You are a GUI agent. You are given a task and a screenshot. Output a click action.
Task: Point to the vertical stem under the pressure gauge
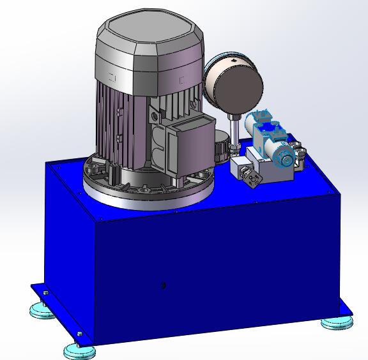pos(235,131)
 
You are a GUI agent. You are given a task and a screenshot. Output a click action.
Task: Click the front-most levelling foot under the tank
pos(80,350)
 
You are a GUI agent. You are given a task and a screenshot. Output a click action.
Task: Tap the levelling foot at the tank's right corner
pos(336,322)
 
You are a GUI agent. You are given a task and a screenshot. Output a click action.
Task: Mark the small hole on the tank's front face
pos(164,286)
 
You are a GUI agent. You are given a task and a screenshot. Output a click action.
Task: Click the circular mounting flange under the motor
pos(147,191)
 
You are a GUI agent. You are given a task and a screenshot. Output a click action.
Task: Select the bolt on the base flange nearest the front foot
pos(79,334)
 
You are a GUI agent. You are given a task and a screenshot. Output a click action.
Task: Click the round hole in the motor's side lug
pos(153,117)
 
